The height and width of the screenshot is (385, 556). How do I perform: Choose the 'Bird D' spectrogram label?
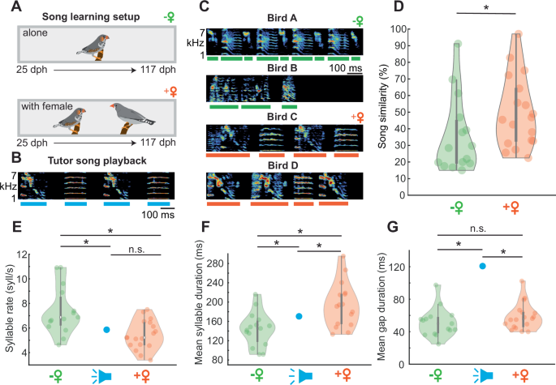point(278,168)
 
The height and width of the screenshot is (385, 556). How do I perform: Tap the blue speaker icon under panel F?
point(300,375)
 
